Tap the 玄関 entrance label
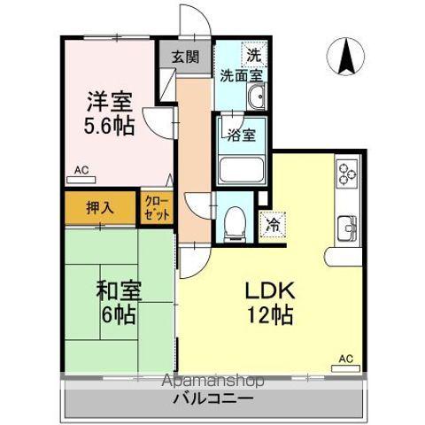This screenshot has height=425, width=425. coord(185,58)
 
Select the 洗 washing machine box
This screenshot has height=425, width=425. coord(253,54)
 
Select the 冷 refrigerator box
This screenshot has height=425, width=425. coord(273,224)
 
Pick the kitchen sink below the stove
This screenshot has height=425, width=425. coord(345,227)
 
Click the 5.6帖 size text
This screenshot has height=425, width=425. coord(110,127)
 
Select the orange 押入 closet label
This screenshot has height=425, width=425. coord(99,209)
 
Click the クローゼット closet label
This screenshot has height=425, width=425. coord(156,209)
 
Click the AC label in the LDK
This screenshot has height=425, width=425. coord(345,359)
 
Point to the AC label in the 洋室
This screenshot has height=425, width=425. coord(81,169)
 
